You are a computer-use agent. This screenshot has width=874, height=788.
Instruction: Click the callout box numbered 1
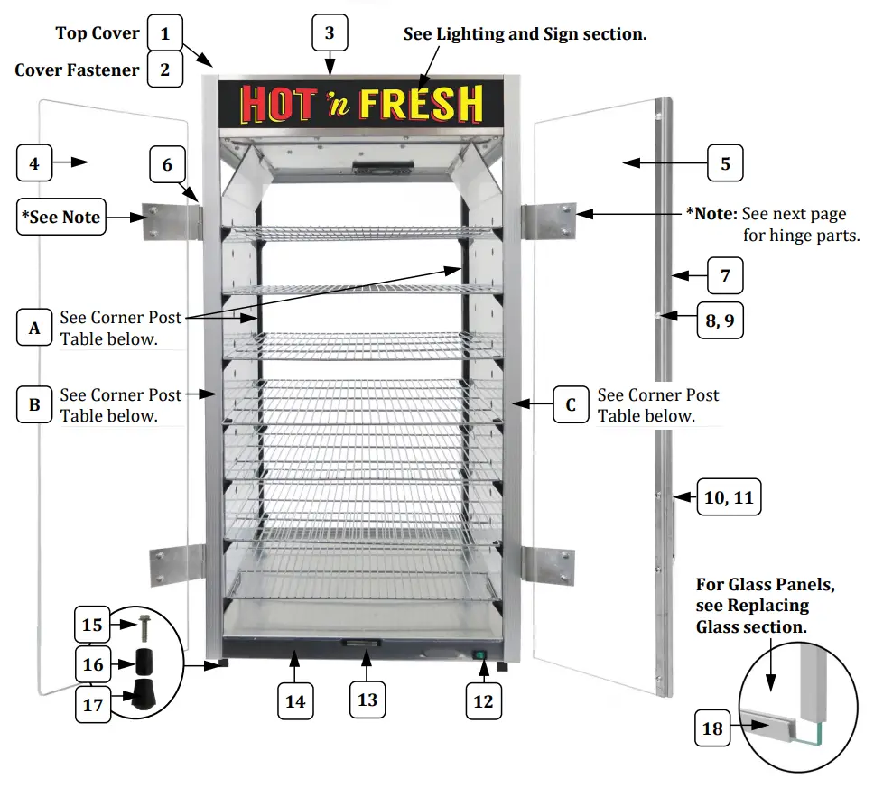(165, 33)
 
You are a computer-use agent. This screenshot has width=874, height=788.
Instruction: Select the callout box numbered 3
(330, 33)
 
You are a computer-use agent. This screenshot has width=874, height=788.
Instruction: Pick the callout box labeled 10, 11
(729, 496)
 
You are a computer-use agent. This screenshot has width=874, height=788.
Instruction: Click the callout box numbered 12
(483, 701)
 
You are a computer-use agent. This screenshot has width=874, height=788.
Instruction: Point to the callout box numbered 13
(367, 700)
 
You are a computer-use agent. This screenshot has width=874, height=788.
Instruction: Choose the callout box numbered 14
(295, 700)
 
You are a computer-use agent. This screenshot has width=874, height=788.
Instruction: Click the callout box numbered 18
(712, 728)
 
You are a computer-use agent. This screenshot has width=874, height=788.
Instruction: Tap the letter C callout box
(571, 405)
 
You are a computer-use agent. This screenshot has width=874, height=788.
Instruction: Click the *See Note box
(61, 218)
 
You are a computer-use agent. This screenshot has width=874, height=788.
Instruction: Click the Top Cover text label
(98, 33)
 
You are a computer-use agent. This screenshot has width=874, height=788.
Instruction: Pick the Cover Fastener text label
(77, 70)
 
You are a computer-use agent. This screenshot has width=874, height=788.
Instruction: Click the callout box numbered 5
(725, 164)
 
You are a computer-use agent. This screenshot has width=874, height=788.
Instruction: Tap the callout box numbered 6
(167, 165)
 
